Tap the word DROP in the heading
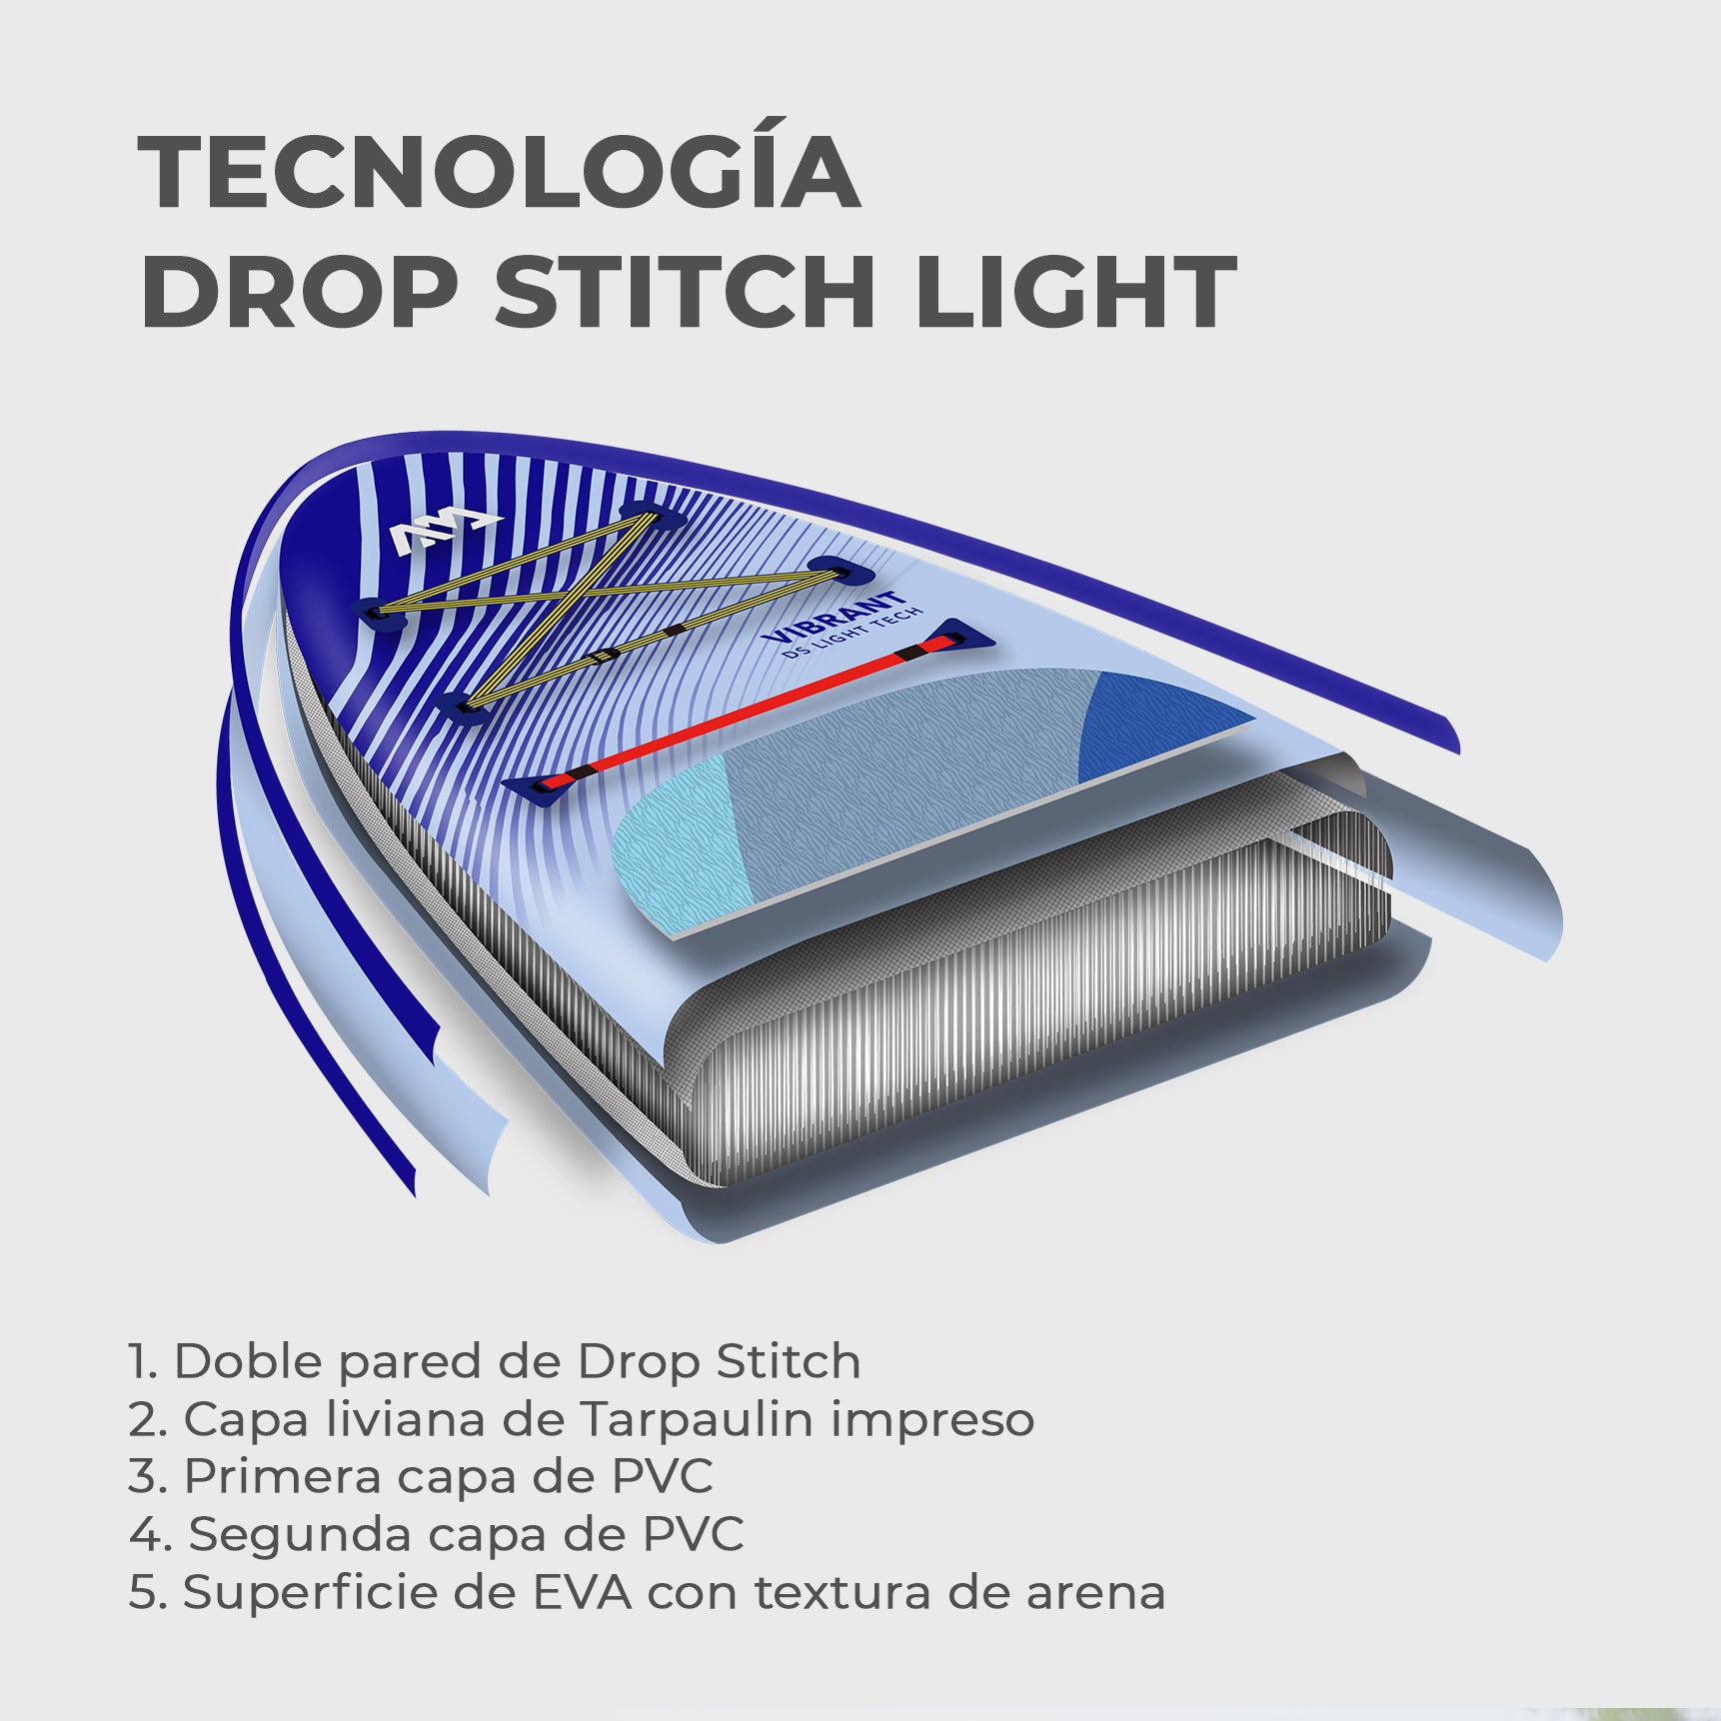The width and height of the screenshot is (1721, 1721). tap(300, 291)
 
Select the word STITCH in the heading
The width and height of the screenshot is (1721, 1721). tap(686, 291)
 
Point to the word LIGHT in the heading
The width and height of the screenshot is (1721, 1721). tap(1075, 291)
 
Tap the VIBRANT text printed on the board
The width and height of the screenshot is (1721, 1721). tap(832, 617)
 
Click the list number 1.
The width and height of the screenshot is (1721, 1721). tap(141, 1361)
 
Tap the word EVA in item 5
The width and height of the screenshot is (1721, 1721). tap(582, 1592)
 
